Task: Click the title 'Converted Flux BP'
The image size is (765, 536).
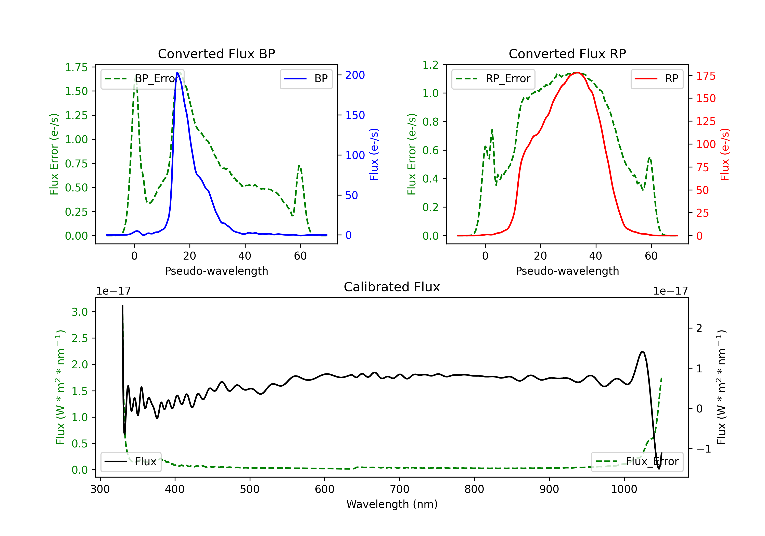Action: coord(216,54)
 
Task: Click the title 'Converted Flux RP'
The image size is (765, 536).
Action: coord(567,54)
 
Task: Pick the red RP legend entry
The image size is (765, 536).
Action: coord(656,79)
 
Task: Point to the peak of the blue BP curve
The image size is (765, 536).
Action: coord(177,72)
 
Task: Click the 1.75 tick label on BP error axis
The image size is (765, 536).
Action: coord(76,67)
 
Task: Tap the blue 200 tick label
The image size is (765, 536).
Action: coord(355,75)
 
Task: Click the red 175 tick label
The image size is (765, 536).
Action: coord(706,76)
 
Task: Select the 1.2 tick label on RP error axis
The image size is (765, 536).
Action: coord(430,65)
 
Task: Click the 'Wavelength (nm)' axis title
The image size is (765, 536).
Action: coord(392,504)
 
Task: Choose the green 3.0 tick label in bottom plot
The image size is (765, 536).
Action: coord(80,312)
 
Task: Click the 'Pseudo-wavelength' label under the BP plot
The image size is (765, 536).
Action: coord(216,271)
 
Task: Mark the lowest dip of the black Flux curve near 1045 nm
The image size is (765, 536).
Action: coord(659,469)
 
